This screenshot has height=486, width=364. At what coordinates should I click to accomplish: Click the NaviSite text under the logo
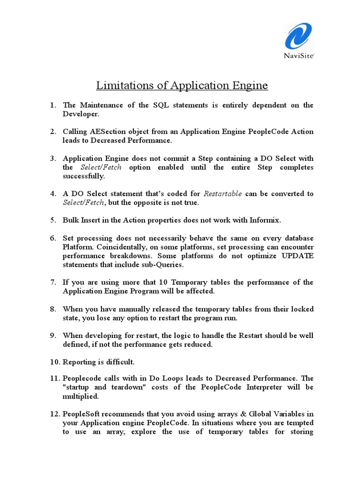coord(299,55)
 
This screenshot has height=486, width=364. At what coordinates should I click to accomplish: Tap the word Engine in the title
coord(247,85)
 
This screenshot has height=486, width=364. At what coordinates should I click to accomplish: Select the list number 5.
coord(53,220)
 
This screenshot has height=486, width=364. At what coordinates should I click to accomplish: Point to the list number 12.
coord(55,414)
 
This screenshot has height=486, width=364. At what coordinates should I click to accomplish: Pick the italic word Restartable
coord(223,194)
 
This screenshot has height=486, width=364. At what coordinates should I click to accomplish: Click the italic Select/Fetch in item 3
coord(101,167)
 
